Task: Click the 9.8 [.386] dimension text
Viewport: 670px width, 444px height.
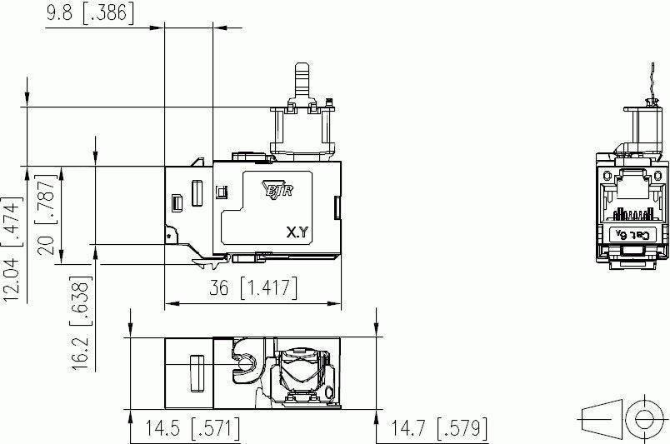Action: point(90,13)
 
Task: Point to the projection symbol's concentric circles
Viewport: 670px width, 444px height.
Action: point(643,417)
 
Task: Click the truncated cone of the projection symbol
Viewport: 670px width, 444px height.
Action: point(602,417)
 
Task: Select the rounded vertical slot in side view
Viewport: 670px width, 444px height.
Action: point(197,193)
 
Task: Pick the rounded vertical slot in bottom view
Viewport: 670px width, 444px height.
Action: point(197,372)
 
